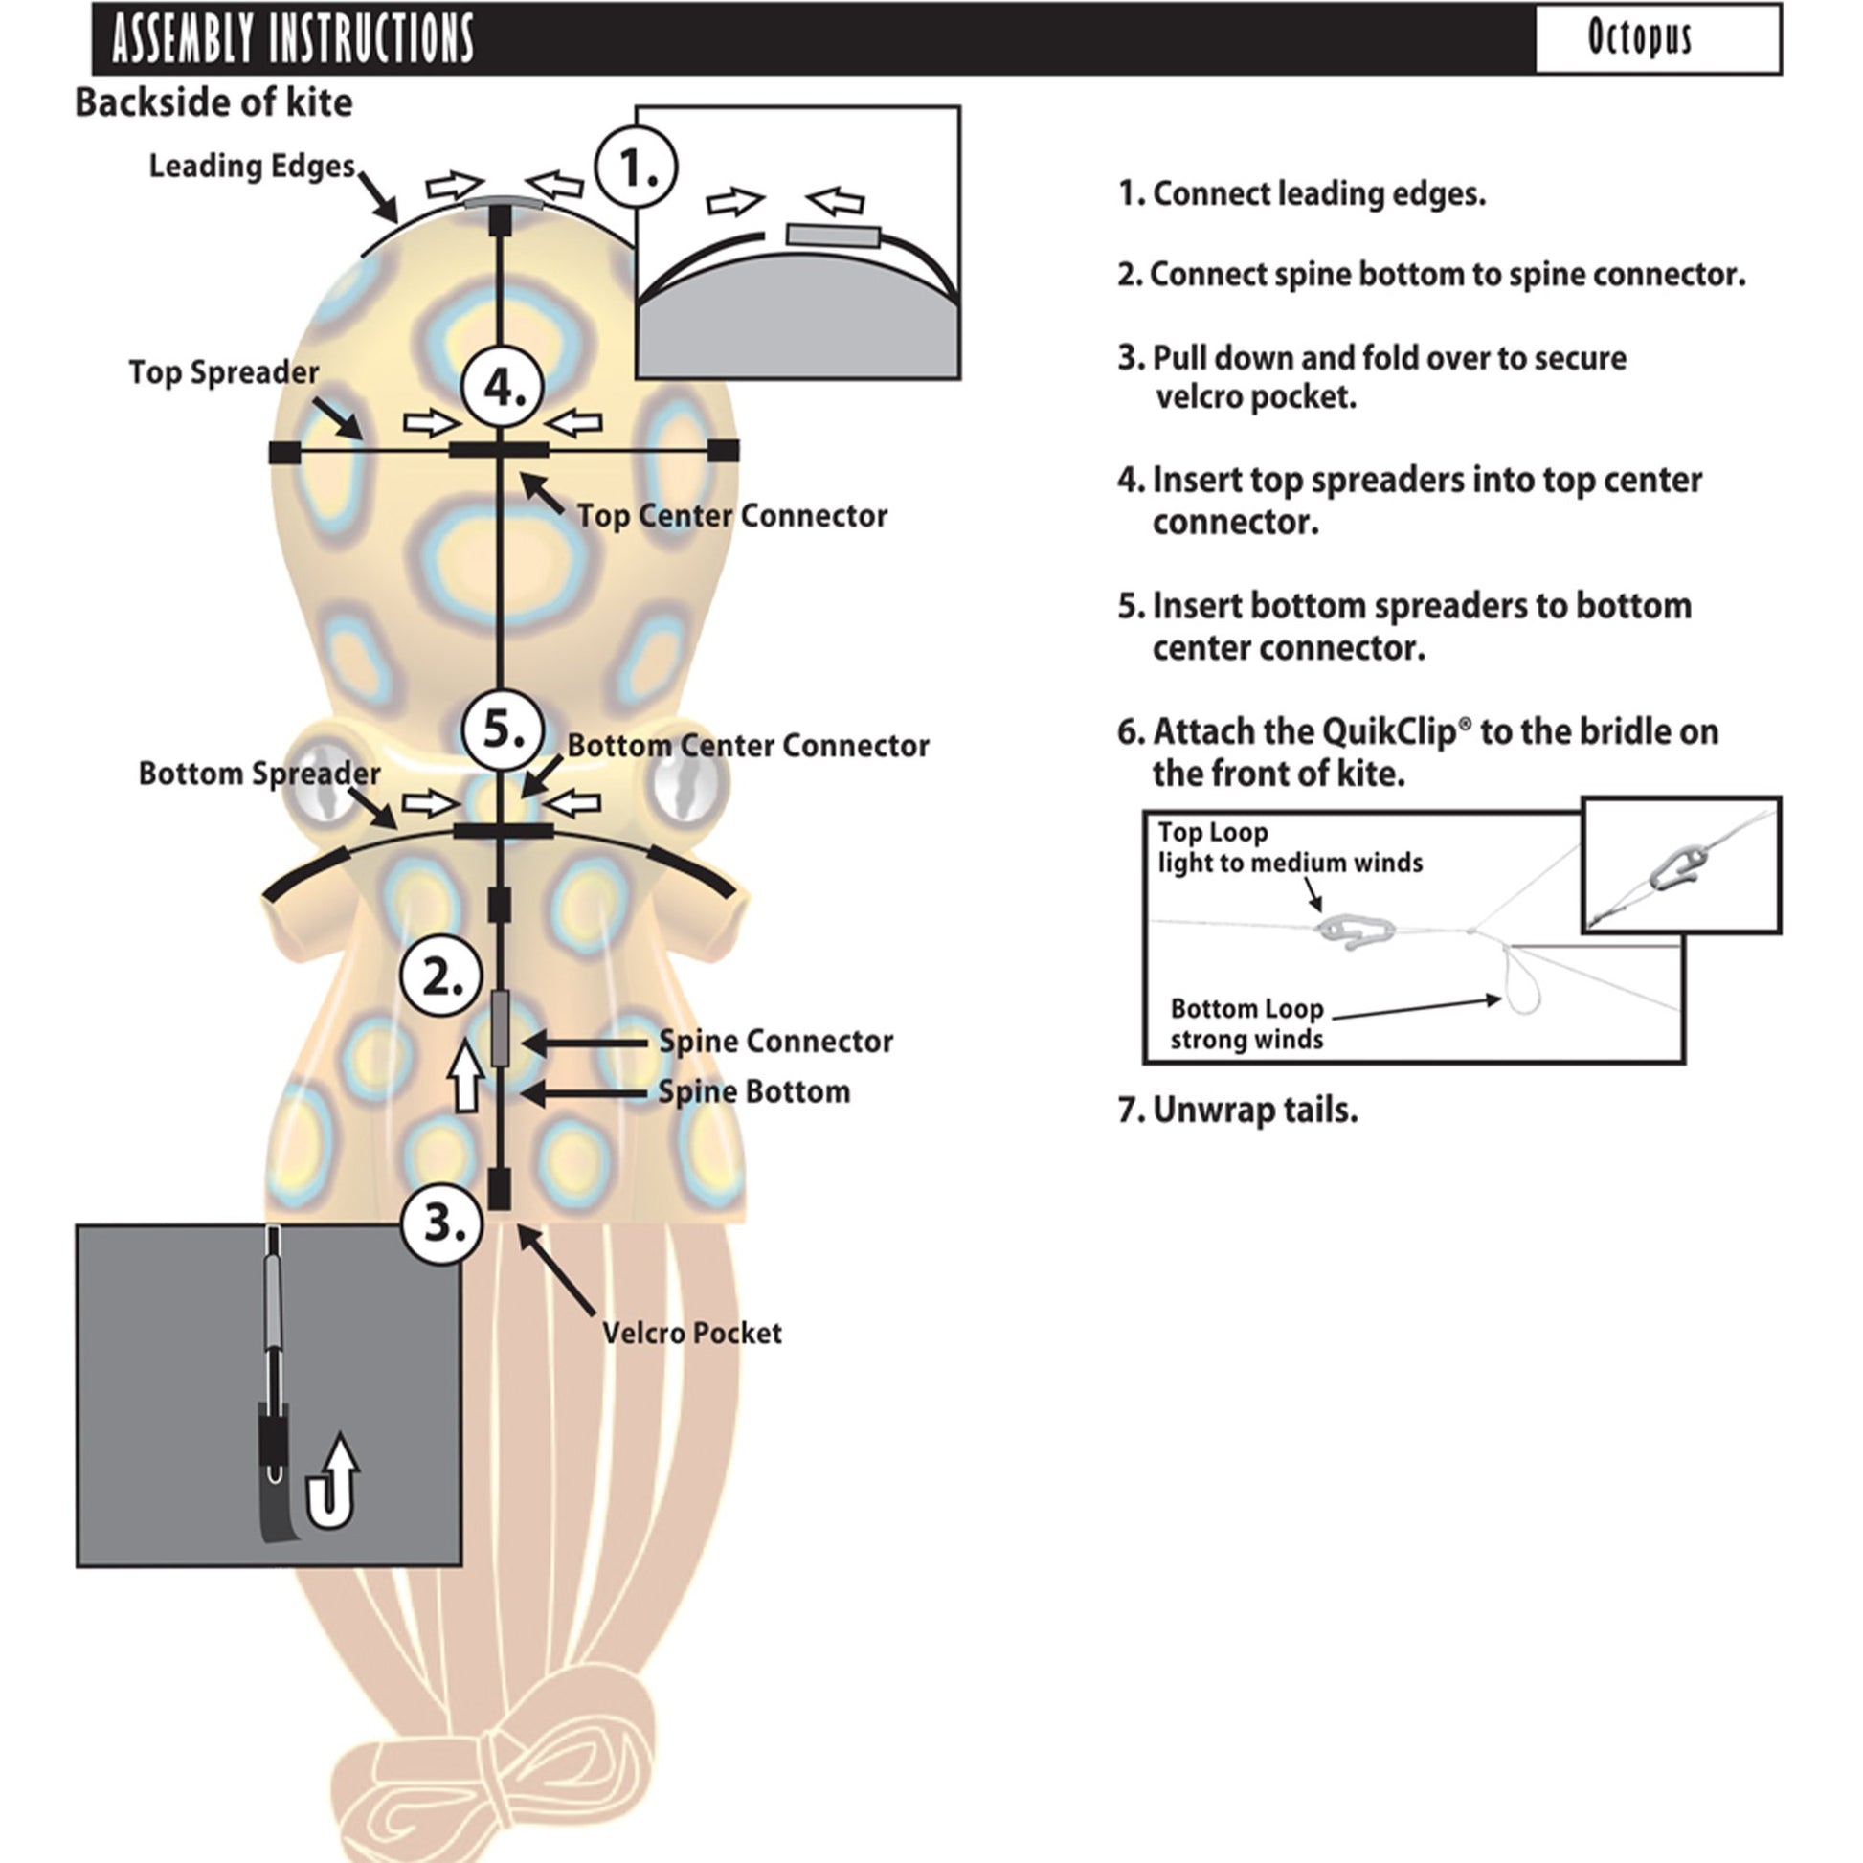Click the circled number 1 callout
[637, 168]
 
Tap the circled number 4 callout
[503, 388]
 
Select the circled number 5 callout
[503, 729]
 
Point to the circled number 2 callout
[440, 978]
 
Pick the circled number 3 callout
[441, 1223]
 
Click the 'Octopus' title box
[1656, 38]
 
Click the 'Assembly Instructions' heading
[292, 38]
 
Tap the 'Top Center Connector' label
[731, 516]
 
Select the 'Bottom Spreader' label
[258, 774]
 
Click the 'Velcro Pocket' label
[691, 1334]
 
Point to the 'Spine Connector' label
[775, 1042]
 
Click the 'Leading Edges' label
[252, 166]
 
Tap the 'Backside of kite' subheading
[214, 102]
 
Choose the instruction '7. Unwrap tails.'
[1237, 1110]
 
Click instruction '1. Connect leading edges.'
[1302, 193]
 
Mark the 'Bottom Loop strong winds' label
[1246, 1024]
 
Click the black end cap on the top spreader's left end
[283, 451]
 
